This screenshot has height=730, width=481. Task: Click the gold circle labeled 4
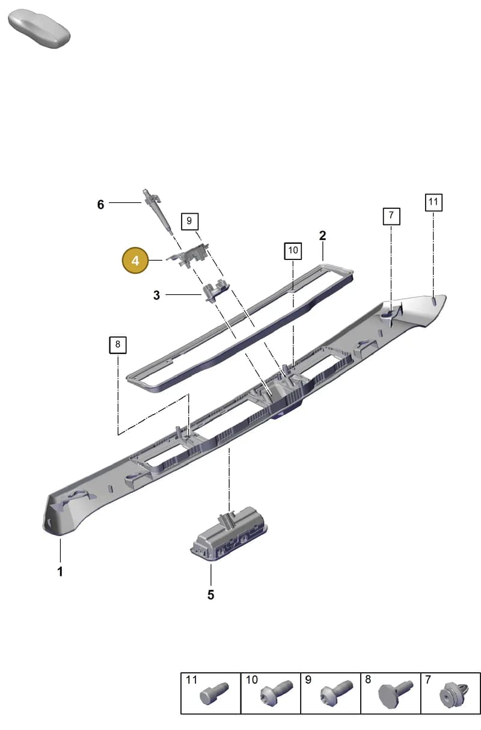(x=135, y=261)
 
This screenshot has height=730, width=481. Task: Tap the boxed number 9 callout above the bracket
(x=189, y=221)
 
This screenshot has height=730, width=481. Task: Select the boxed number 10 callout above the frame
(x=293, y=250)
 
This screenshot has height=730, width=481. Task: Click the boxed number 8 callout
(x=118, y=345)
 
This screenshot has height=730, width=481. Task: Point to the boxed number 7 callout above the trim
(x=391, y=216)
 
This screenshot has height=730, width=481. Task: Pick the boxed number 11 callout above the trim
(x=434, y=202)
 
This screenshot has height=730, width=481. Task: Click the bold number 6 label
(x=100, y=205)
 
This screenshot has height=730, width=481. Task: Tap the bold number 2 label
(x=322, y=235)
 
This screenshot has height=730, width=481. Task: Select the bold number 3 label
(x=157, y=295)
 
